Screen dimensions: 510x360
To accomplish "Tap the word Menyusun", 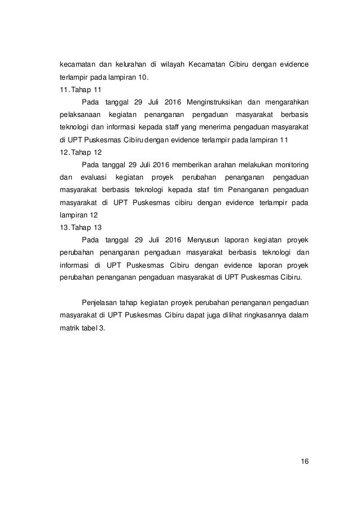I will (196, 241).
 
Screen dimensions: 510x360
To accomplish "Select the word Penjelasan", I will (101, 301).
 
